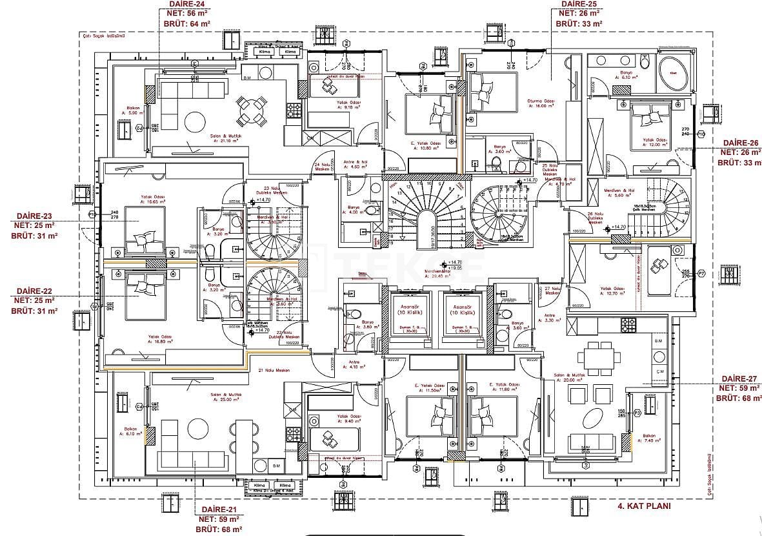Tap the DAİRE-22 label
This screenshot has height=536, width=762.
click(x=34, y=291)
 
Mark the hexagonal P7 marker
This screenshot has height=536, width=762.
click(x=702, y=274)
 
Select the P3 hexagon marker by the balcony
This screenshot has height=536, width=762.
click(x=637, y=411)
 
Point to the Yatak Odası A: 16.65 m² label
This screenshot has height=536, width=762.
click(x=153, y=199)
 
